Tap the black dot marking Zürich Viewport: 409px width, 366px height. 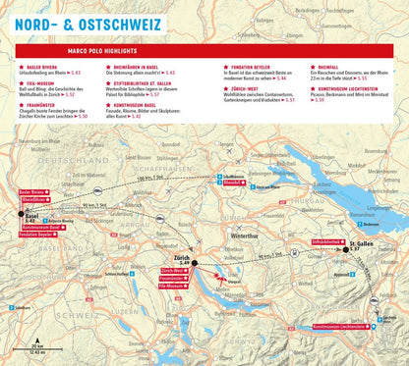pyautogui.click(x=195, y=264)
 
